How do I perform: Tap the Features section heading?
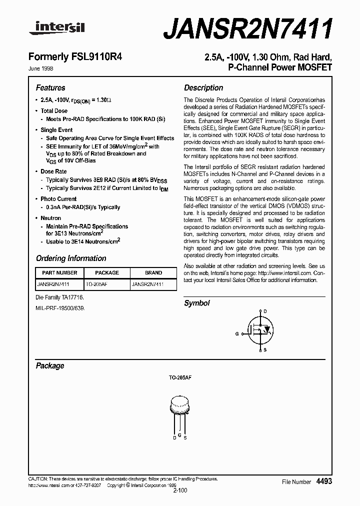[50, 87]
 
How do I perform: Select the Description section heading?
[203, 87]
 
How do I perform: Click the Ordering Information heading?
[71, 258]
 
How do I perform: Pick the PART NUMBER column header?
[59, 273]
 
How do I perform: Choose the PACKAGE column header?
[107, 273]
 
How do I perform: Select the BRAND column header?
[153, 273]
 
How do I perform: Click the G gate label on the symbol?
[237, 333]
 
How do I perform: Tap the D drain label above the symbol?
[265, 311]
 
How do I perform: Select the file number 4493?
[324, 481]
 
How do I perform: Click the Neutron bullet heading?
[51, 218]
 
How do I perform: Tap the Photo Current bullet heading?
[58, 199]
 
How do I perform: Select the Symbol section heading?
[197, 303]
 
